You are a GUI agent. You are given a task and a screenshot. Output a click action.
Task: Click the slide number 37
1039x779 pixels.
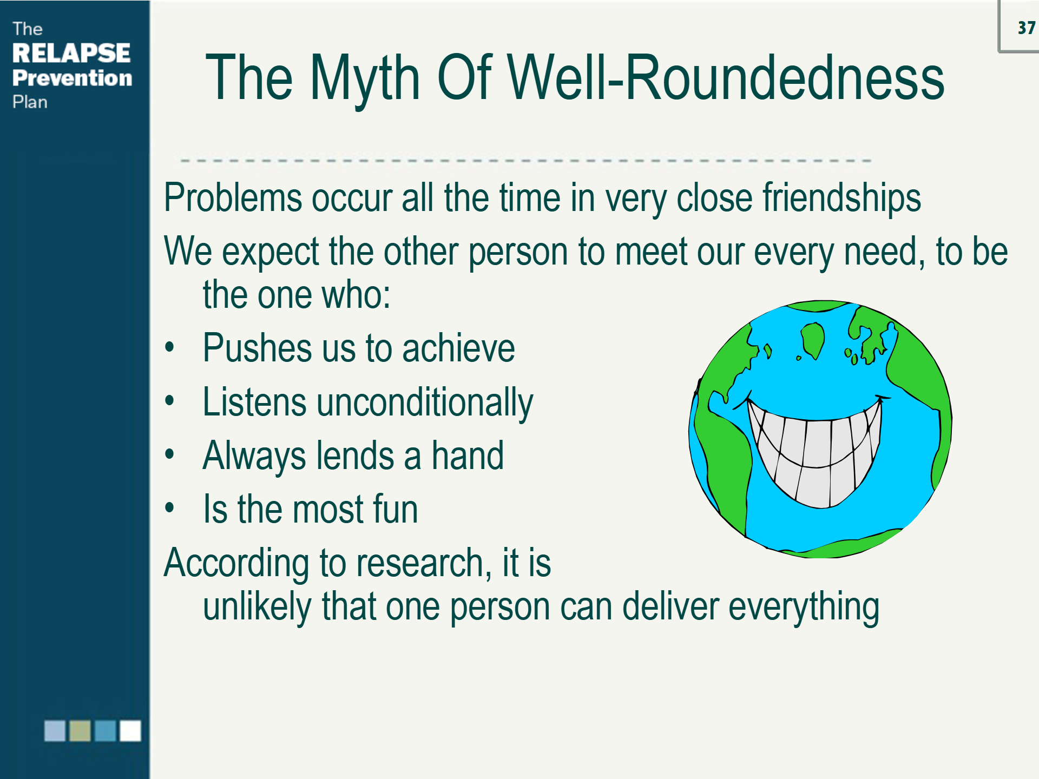click(1026, 28)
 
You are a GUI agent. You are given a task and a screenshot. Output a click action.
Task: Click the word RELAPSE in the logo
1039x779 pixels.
click(71, 53)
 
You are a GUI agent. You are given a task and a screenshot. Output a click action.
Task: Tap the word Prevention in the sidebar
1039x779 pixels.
click(72, 78)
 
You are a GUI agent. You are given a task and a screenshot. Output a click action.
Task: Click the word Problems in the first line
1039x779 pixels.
click(233, 197)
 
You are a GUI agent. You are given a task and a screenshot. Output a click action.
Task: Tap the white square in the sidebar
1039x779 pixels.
click(130, 730)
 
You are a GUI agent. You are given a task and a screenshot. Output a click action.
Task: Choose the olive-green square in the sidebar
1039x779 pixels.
click(80, 730)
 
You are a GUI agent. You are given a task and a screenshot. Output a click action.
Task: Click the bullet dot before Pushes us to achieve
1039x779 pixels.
click(170, 346)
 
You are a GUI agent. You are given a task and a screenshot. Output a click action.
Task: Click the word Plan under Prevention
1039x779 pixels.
click(30, 102)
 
